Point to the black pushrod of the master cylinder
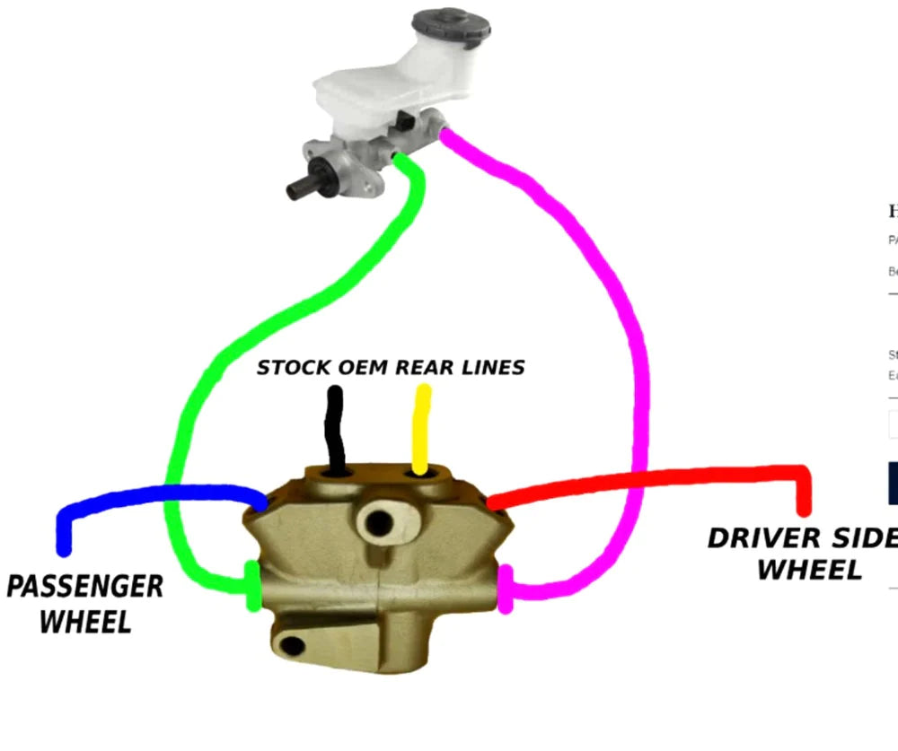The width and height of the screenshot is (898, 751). coord(301,187)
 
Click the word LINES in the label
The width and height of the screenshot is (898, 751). coord(493,367)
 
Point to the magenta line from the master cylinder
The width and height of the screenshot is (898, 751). coord(620,296)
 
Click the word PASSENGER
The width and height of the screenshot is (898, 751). coord(85,587)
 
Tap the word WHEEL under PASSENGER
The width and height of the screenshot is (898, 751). coord(85,621)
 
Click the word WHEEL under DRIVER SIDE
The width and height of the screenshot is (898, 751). coord(809,570)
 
